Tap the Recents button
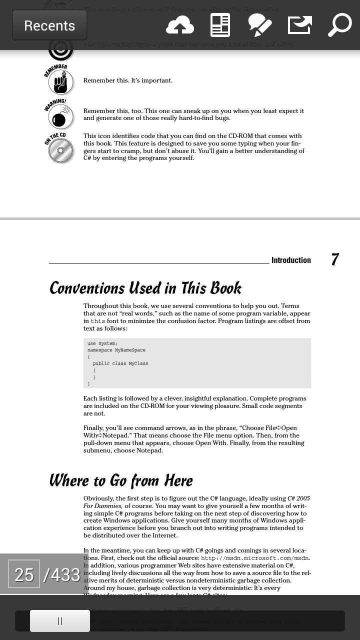point(49,25)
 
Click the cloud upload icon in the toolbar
point(180,25)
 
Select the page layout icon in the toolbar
point(220,25)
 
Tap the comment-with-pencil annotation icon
point(260,25)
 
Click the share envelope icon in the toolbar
point(300,25)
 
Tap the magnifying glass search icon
point(340,25)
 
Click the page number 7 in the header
point(335,259)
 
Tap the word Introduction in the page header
point(291,260)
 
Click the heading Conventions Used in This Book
point(145,288)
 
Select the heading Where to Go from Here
point(120,480)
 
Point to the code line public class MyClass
point(120,363)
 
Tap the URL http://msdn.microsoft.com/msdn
point(254,558)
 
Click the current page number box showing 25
point(24,574)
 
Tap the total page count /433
point(62,574)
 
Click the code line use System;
point(102,343)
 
